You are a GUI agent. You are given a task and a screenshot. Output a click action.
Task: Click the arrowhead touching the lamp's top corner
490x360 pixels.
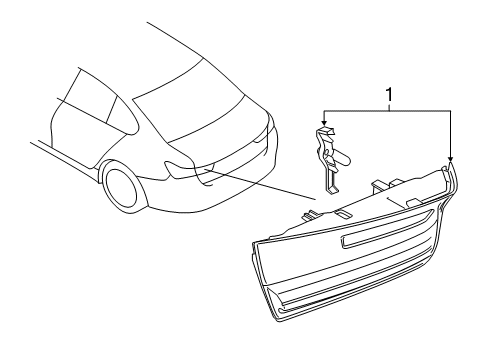point(450,160)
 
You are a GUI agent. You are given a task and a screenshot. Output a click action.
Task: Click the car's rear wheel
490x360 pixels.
point(121,189)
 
